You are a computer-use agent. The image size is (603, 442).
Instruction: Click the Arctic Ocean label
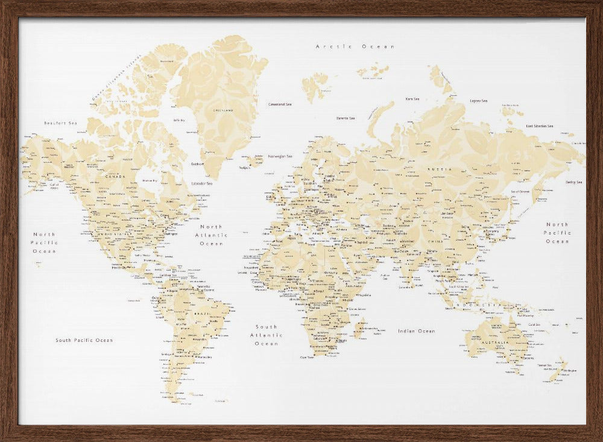pos(356,46)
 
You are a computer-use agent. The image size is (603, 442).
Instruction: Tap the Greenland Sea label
pos(280,104)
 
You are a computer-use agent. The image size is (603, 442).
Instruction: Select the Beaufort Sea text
pos(61,124)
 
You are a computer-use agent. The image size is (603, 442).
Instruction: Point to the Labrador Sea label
pos(201,183)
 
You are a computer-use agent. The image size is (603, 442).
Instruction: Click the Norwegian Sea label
pos(280,156)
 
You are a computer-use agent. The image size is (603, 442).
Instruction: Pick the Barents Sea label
pos(346,118)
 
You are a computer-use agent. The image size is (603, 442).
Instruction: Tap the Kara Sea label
pos(412,99)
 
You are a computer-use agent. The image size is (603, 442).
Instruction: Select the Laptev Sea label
pos(479,101)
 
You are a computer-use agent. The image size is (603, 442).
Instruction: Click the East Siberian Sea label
pos(539,126)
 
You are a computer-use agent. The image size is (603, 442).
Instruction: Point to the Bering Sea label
pos(573,182)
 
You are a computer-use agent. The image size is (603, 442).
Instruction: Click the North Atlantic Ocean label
pos(212,235)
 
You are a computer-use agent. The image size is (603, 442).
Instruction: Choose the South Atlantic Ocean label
pos(266,335)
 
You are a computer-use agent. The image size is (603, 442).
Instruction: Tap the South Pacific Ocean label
pos(84,340)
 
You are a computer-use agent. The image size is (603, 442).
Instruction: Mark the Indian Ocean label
pos(416,331)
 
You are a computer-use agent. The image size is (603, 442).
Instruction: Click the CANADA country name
pos(115,177)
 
